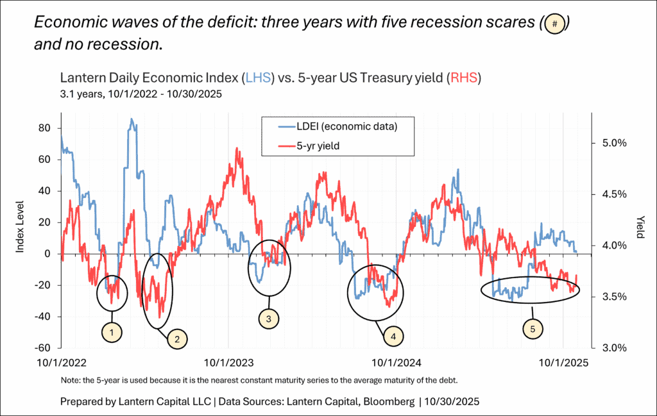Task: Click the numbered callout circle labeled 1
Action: click(112, 332)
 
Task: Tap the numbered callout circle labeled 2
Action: click(177, 339)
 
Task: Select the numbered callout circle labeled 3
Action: click(268, 317)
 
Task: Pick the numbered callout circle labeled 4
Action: click(393, 334)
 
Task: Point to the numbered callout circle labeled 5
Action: click(533, 329)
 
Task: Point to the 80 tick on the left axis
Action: click(44, 128)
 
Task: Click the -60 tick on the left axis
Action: click(42, 348)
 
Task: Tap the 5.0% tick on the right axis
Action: click(613, 143)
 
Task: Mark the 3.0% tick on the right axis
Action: click(613, 348)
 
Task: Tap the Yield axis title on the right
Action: click(639, 226)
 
